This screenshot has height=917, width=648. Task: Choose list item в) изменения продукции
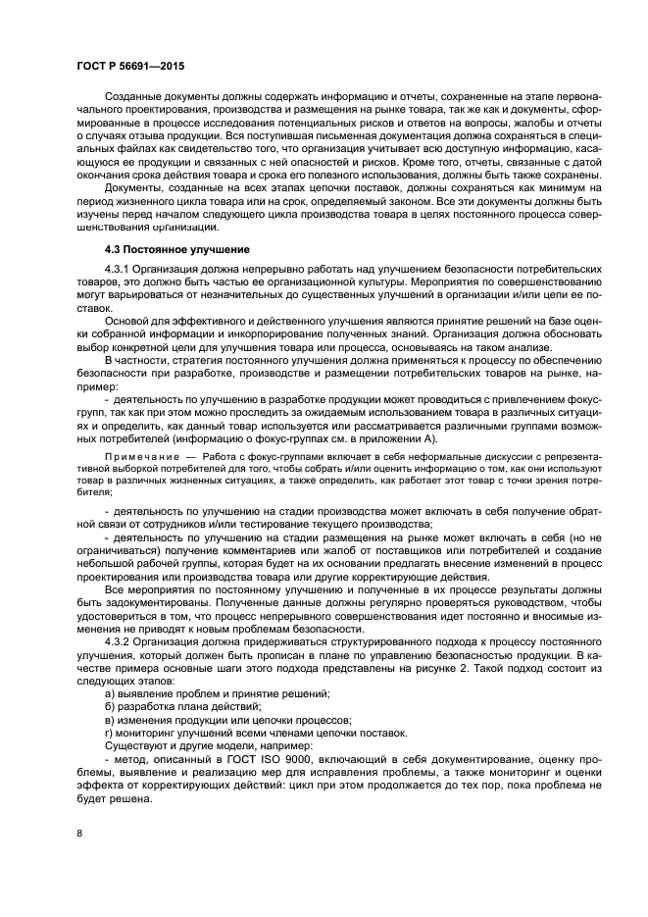point(195,719)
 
